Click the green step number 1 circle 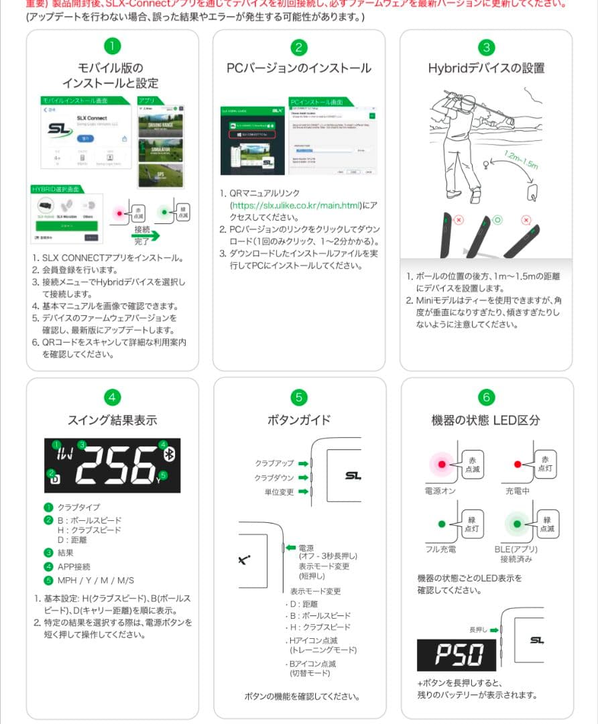(x=112, y=46)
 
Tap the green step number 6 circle (x=486, y=397)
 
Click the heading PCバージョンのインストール (x=299, y=68)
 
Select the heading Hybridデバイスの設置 (x=486, y=68)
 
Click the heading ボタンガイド (x=299, y=420)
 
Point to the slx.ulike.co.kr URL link (x=294, y=205)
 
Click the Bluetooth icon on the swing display (x=168, y=455)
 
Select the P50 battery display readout (x=457, y=654)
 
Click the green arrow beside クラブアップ (x=303, y=463)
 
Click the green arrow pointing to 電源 (x=290, y=548)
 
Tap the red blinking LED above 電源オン (x=441, y=463)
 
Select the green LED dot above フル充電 (x=441, y=523)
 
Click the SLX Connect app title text (x=93, y=119)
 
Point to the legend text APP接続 (x=74, y=566)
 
